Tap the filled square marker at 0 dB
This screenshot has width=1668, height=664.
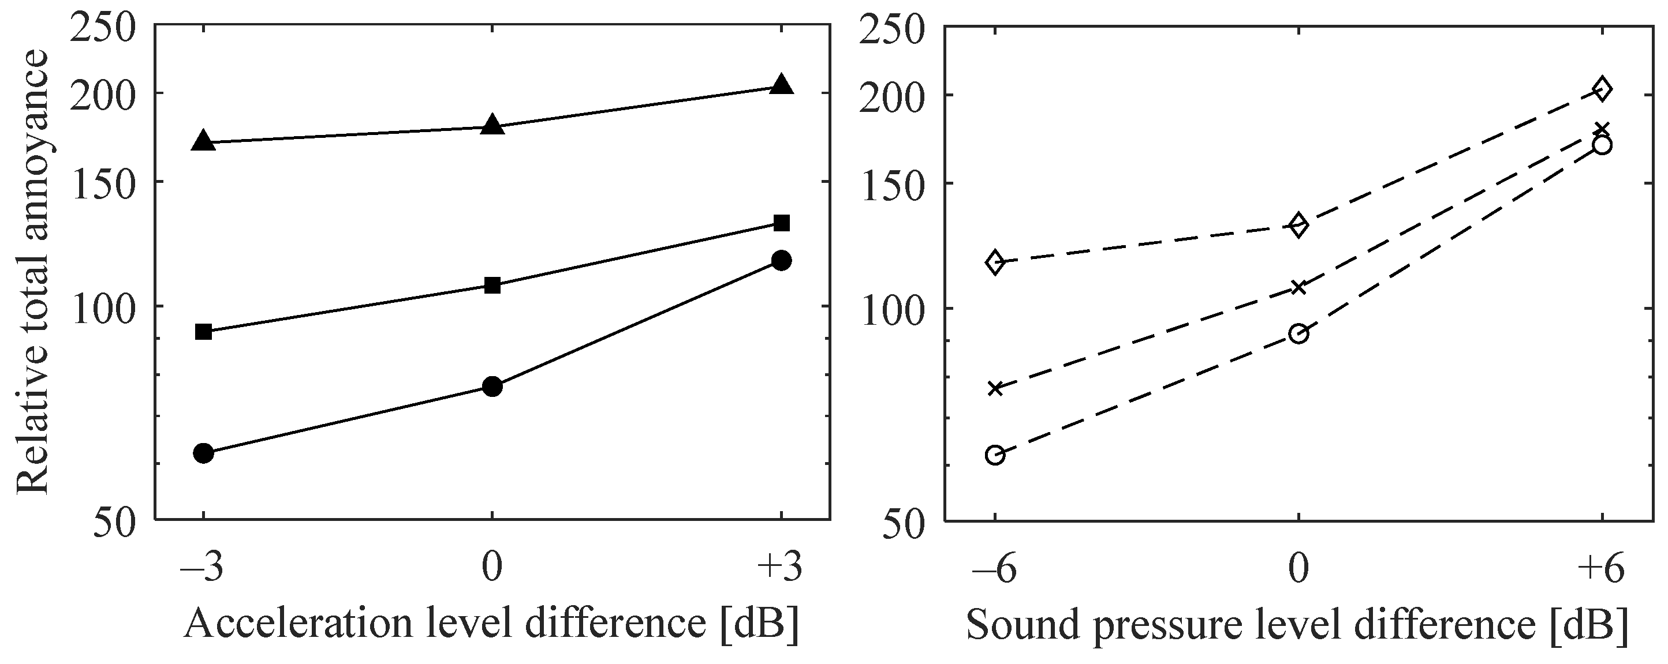point(492,285)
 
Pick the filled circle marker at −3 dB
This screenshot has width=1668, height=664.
point(203,453)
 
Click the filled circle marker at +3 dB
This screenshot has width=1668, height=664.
point(782,261)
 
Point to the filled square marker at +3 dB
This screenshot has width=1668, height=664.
point(782,223)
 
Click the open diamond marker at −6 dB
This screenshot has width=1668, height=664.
point(995,262)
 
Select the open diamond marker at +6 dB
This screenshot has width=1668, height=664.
point(1602,89)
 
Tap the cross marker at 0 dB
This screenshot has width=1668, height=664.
point(1298,287)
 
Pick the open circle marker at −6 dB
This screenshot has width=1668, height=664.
point(995,455)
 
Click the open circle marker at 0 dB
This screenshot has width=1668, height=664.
point(1298,334)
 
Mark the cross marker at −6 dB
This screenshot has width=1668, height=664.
point(995,388)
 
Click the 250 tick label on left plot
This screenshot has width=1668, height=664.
point(103,28)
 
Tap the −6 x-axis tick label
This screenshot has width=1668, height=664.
point(995,569)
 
